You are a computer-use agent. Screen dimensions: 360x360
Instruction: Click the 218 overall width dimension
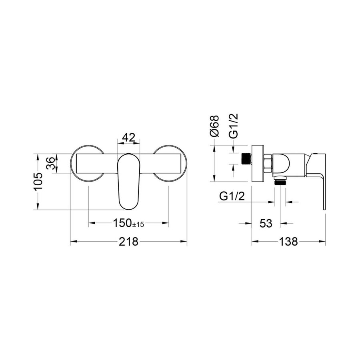pos(128,242)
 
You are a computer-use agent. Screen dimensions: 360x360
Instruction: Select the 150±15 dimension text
pos(128,223)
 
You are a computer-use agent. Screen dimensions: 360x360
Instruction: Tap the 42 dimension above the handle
pos(128,138)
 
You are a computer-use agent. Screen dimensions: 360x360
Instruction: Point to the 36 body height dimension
pos(51,163)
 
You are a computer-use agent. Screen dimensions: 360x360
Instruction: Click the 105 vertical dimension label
pos(38,181)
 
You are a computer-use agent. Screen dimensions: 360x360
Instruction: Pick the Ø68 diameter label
pos(215,126)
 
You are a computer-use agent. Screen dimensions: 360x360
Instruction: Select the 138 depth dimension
pos(288,242)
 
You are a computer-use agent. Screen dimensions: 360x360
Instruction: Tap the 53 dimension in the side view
pos(266,223)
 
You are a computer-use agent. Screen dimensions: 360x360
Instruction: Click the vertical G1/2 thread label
pos(234,126)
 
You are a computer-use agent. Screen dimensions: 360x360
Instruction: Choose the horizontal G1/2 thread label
pos(232,196)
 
